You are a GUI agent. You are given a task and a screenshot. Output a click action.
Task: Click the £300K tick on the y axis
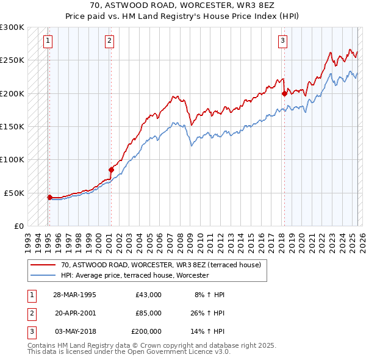12,27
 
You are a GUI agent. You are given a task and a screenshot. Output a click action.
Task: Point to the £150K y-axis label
12,126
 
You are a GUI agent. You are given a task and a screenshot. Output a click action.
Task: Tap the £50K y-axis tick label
14,193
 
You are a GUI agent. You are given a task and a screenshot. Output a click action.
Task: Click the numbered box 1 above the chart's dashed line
48,41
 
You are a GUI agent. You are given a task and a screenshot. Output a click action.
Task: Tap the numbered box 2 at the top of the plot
109,41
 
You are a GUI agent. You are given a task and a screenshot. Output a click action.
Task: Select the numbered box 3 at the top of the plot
283,41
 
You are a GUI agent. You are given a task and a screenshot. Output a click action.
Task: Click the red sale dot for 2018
284,93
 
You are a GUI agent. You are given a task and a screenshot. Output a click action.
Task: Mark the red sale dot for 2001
111,170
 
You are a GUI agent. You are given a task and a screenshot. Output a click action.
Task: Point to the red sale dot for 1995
49,197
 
